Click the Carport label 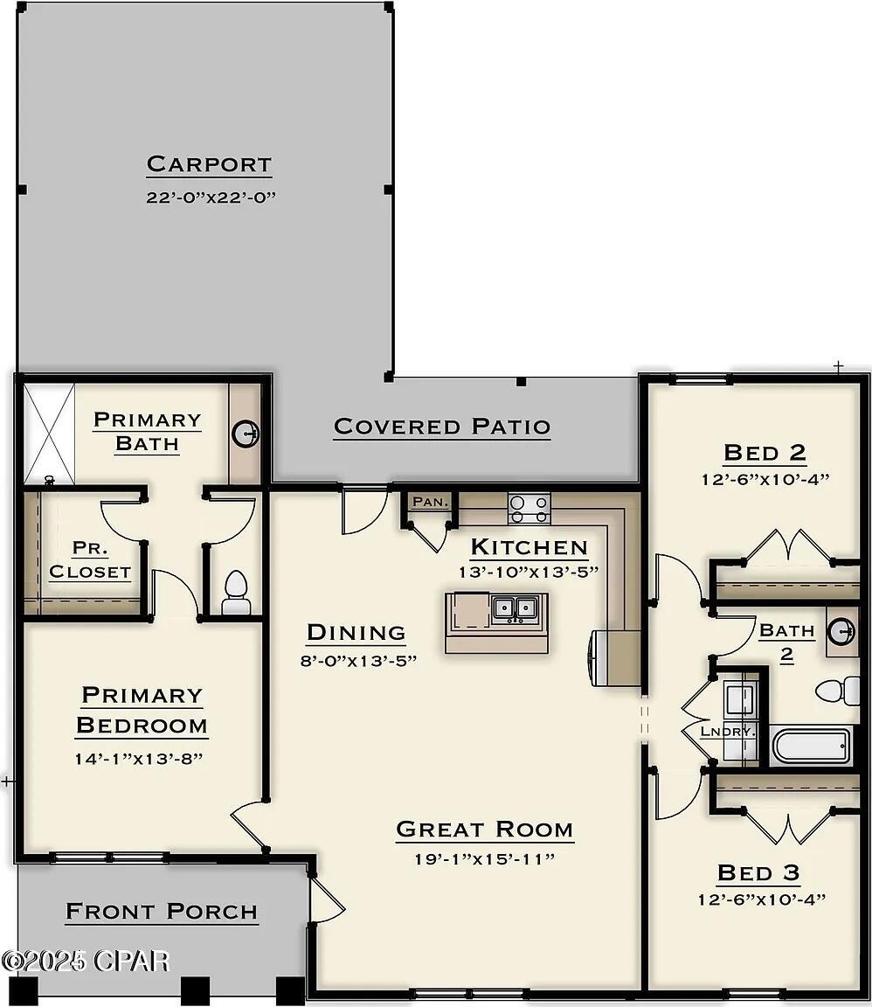point(209,164)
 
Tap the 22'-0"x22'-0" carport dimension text point(211,198)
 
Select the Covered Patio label point(442,427)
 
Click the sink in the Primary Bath point(246,432)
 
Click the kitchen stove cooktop point(529,508)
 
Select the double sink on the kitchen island point(514,608)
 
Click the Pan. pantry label point(430,502)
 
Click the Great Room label point(485,830)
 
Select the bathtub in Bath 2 point(810,746)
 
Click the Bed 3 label point(758,872)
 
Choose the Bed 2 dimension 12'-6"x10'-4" point(765,479)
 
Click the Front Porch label point(162,912)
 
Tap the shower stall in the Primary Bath point(49,434)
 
